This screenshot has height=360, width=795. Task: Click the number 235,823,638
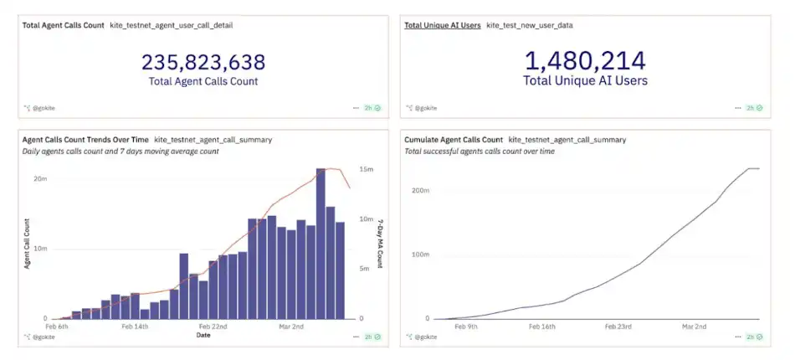click(203, 62)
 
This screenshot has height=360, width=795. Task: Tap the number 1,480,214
click(585, 61)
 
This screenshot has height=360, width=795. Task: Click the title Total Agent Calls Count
click(64, 25)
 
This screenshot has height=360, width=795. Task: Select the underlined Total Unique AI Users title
click(443, 25)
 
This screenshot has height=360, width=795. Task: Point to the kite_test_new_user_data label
click(530, 25)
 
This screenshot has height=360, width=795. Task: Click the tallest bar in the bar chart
click(321, 243)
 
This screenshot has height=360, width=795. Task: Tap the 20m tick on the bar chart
click(39, 178)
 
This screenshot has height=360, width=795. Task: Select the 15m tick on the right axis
click(366, 169)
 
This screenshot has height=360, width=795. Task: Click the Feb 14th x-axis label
click(134, 327)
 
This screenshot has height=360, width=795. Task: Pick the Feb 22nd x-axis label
click(213, 327)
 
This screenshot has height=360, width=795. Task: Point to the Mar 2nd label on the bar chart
click(290, 327)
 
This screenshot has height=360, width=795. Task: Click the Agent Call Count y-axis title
click(27, 243)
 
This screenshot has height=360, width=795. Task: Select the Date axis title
click(203, 335)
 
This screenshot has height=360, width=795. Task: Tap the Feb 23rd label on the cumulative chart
click(619, 327)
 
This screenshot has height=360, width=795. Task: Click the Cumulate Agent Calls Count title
click(454, 139)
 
